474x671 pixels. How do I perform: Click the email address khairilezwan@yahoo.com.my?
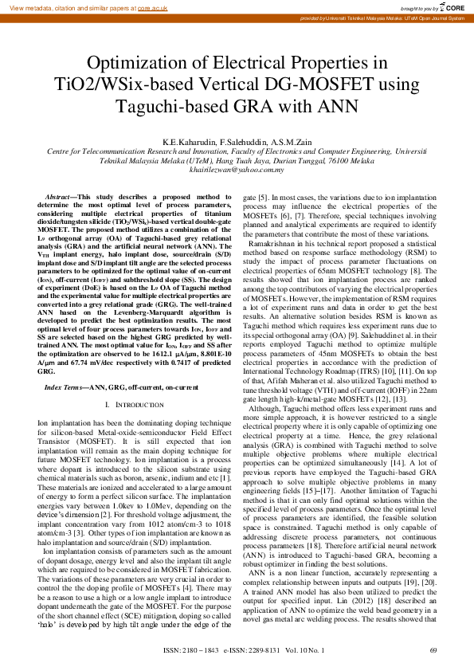237,169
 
